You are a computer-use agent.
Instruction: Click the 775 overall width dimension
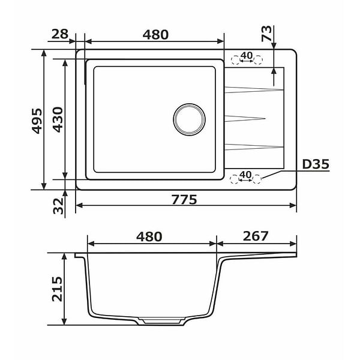[x=184, y=199]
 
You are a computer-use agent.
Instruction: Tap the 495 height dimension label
[x=37, y=121]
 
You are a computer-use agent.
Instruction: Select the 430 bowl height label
[x=58, y=120]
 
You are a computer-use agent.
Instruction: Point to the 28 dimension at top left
[x=60, y=34]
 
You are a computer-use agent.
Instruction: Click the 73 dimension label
[x=266, y=34]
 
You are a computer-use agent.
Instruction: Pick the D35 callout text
[x=316, y=164]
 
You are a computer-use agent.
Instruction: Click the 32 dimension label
[x=58, y=206]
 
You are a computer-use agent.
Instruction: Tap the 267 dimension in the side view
[x=256, y=236]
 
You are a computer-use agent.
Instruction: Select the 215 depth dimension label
[x=57, y=289]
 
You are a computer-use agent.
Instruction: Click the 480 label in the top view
[x=155, y=35]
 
